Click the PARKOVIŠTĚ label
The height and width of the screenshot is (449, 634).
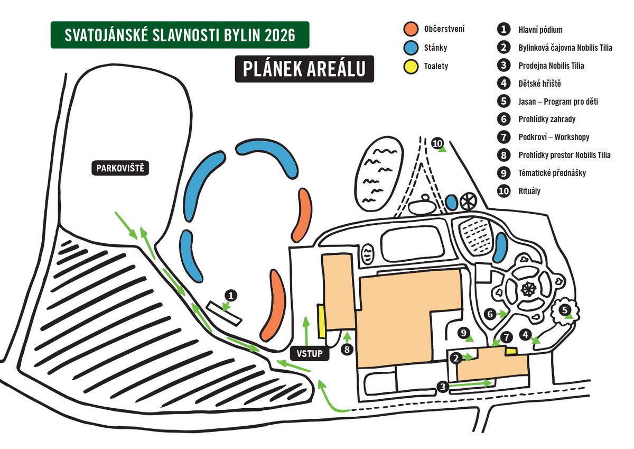[x=120, y=169]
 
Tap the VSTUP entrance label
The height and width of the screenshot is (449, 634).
[x=310, y=353]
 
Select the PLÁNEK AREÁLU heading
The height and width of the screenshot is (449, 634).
[x=304, y=69]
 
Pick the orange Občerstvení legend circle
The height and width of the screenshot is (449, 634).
[x=411, y=29]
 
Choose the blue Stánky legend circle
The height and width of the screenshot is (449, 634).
[x=411, y=48]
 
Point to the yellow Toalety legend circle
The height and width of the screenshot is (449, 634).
[x=411, y=67]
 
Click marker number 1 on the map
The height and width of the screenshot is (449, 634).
[x=231, y=296]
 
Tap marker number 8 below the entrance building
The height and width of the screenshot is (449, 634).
[x=347, y=350]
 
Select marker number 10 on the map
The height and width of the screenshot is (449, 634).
[x=437, y=144]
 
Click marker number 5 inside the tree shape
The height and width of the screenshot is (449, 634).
[x=565, y=310]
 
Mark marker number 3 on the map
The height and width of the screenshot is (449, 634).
[x=443, y=387]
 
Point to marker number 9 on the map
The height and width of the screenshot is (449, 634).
[x=464, y=333]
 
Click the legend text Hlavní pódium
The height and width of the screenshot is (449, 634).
[x=540, y=30]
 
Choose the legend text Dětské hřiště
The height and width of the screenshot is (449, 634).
[x=539, y=84]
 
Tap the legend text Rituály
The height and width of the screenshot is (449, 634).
[x=529, y=191]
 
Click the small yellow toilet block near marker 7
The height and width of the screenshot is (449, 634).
[x=511, y=352]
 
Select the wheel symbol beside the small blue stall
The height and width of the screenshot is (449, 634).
[x=468, y=201]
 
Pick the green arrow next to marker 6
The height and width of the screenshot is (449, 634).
[x=502, y=314]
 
